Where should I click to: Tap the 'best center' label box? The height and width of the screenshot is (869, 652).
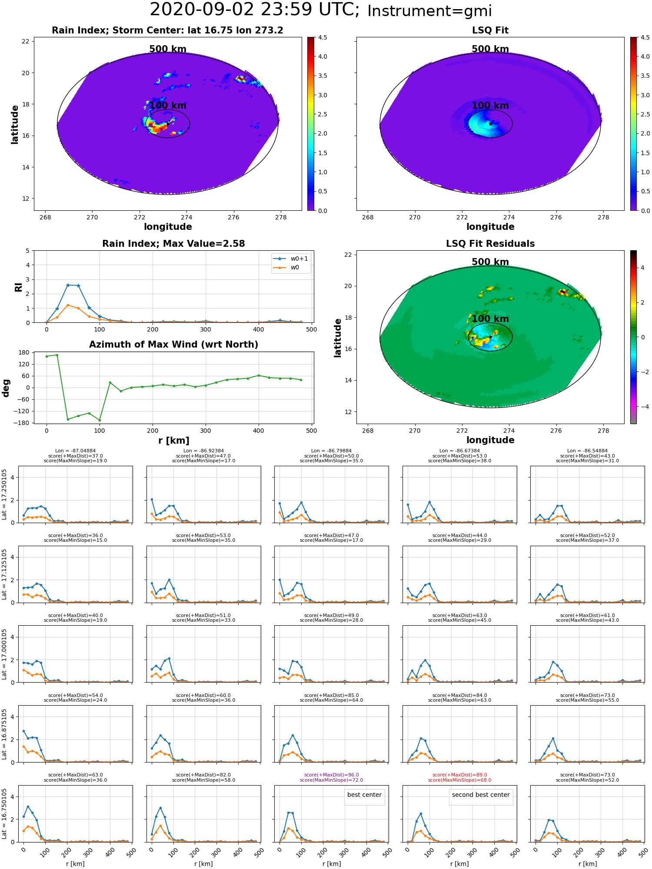[x=364, y=795]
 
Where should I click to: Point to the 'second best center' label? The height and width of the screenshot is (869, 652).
[x=481, y=795]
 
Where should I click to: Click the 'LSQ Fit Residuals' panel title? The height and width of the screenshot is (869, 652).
[x=490, y=244]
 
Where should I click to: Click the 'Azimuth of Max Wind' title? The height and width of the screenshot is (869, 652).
[x=173, y=345]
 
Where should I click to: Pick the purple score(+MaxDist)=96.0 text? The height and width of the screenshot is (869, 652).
[x=331, y=775]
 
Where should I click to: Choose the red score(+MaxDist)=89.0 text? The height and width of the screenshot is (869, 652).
[x=459, y=775]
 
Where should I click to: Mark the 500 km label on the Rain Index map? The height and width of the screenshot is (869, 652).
[x=168, y=49]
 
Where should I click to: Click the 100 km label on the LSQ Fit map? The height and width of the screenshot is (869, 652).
[x=490, y=106]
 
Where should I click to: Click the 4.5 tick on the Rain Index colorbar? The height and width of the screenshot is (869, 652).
[x=323, y=38]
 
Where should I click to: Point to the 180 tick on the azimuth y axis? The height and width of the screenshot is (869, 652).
[x=24, y=352]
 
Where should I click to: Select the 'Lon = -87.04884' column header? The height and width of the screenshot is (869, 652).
[x=75, y=451]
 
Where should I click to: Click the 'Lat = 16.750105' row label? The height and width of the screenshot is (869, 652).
[x=4, y=814]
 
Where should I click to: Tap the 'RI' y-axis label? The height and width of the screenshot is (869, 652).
[x=18, y=287]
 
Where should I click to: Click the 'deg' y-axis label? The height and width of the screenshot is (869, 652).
[x=6, y=388]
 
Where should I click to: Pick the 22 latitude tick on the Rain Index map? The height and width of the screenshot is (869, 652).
[x=26, y=41]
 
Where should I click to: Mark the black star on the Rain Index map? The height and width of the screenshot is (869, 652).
[x=168, y=124]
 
